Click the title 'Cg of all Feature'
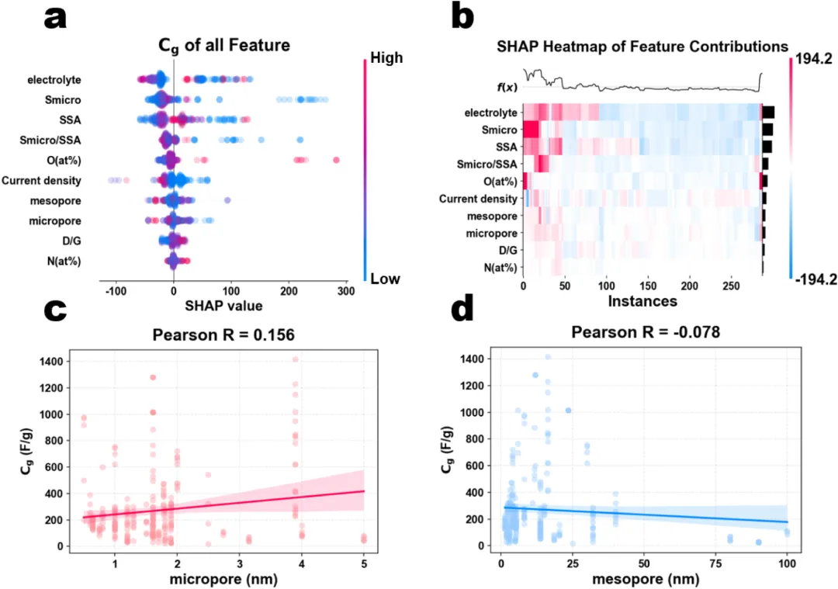point(235,46)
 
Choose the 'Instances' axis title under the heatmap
point(642,300)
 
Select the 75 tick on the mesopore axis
point(716,561)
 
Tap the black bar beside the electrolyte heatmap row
point(769,113)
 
